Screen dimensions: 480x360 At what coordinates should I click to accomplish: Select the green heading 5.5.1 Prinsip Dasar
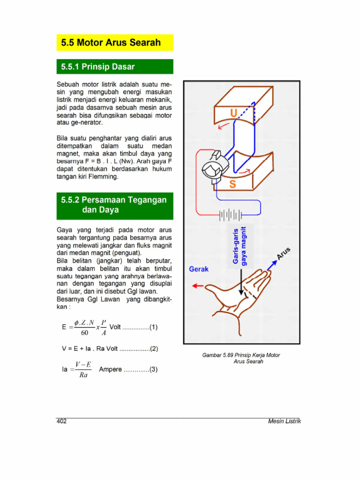(x=98, y=67)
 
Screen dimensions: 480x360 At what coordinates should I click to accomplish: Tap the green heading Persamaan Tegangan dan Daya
(x=114, y=205)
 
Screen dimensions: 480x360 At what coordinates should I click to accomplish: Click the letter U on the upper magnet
(x=233, y=113)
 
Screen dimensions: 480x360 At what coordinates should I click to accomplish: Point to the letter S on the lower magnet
(x=232, y=185)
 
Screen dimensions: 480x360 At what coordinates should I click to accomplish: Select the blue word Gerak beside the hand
(x=199, y=269)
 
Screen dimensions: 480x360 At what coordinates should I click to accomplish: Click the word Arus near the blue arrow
(x=284, y=253)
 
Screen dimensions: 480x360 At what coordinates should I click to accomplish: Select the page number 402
(x=61, y=421)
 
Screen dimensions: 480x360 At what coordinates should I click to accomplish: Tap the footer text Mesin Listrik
(x=284, y=421)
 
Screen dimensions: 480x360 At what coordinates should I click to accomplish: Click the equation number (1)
(x=154, y=328)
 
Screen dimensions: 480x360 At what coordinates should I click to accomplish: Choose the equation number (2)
(x=154, y=349)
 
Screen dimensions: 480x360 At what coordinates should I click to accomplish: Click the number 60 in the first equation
(x=84, y=333)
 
